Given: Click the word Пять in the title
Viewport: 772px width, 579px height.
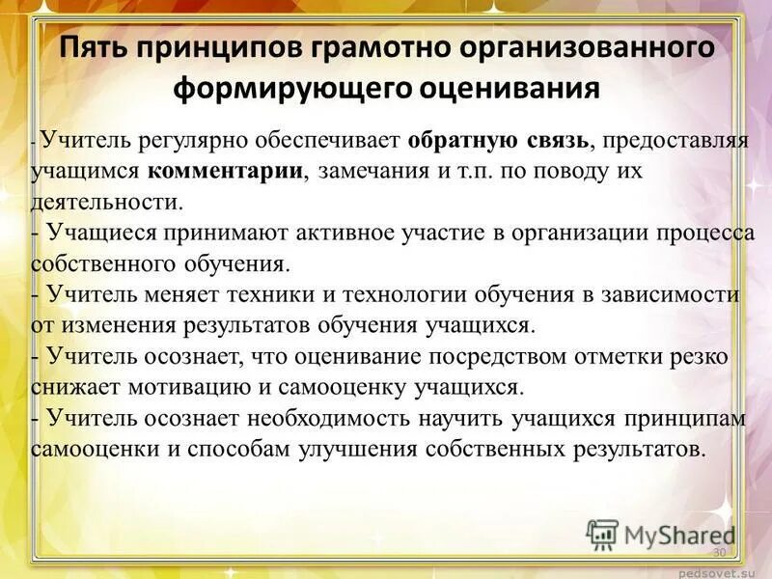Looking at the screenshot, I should tap(94, 48).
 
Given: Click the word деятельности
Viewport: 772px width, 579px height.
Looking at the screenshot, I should tap(106, 202).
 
